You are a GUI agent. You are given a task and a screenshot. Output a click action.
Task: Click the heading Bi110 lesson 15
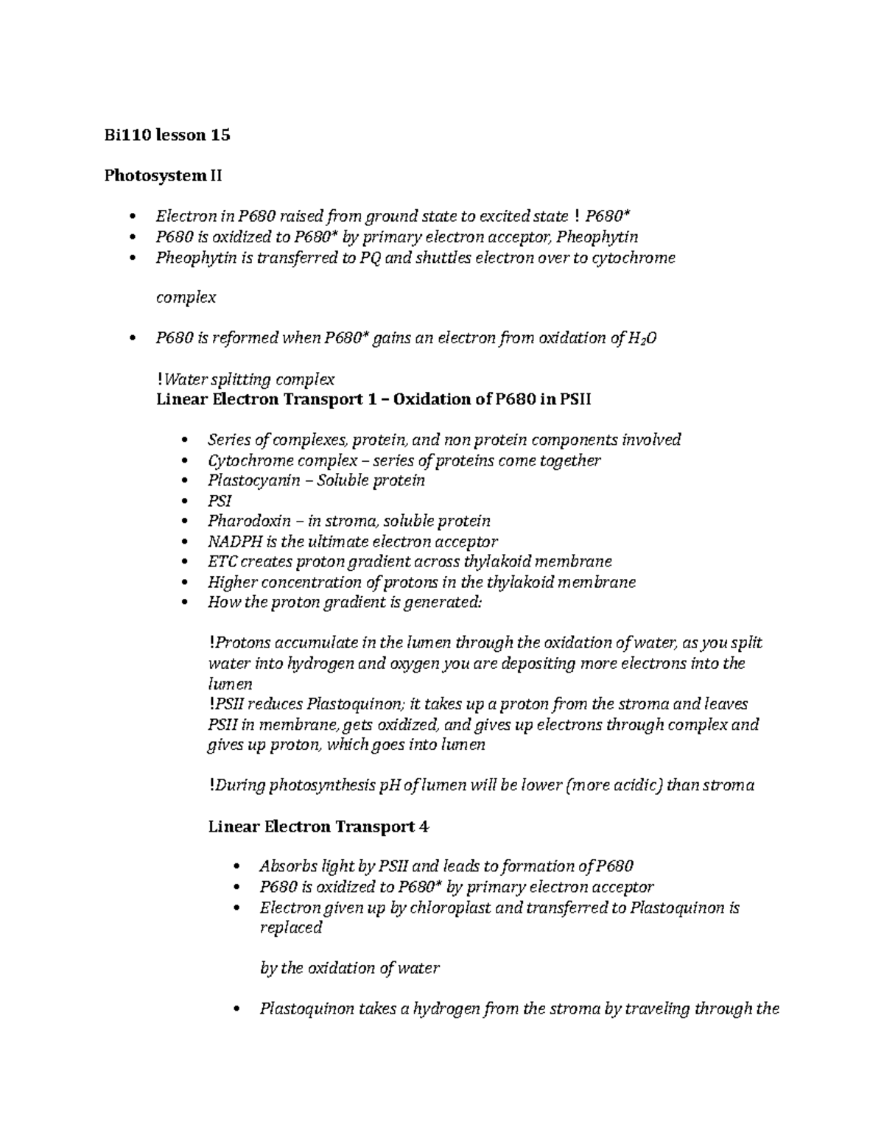(167, 135)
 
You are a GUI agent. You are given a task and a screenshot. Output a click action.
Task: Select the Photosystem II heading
(163, 175)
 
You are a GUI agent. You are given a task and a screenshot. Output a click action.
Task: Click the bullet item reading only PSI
(220, 501)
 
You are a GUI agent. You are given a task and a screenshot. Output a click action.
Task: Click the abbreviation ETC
(222, 561)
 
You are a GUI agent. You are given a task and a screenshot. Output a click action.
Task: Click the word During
(241, 785)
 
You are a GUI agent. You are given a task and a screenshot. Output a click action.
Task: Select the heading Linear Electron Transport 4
(318, 826)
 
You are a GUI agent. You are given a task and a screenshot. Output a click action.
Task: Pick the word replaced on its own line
(291, 927)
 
